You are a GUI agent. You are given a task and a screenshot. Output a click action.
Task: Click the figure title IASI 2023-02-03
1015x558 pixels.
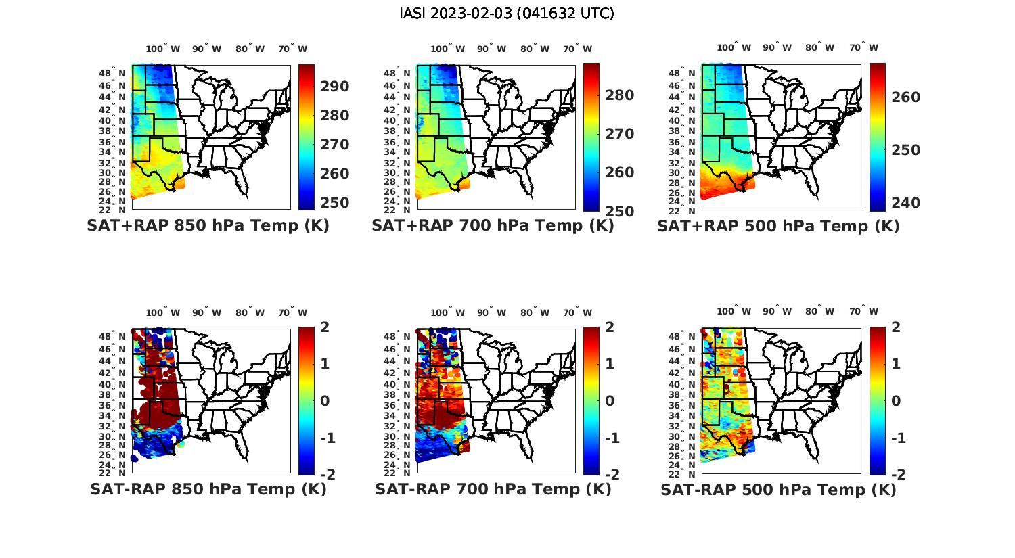[507, 14]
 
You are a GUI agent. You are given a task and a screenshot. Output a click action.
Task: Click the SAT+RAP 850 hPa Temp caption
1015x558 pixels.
[208, 226]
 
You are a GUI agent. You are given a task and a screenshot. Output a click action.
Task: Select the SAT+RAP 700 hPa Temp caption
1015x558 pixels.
[493, 226]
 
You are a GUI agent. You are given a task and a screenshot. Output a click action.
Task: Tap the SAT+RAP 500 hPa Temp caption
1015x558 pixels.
[778, 227]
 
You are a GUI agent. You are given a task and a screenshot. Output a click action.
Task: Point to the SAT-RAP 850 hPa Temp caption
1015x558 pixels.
[208, 489]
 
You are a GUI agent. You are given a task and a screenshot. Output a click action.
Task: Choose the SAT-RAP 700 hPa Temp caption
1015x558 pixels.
[493, 489]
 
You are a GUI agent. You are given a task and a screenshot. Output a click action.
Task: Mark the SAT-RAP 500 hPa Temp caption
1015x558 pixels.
[778, 490]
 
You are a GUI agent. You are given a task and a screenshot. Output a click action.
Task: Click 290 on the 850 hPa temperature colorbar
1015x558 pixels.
[334, 87]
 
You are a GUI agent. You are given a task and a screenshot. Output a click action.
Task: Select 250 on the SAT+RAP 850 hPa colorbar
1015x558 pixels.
[334, 203]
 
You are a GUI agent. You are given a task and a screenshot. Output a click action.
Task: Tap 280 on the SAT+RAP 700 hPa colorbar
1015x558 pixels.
[620, 95]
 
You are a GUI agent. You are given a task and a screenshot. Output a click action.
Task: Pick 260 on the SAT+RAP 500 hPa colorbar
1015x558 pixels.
[906, 97]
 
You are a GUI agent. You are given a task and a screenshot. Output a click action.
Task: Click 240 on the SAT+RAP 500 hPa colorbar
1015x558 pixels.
[906, 203]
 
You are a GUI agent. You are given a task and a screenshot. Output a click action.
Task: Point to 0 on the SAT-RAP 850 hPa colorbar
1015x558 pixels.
[325, 401]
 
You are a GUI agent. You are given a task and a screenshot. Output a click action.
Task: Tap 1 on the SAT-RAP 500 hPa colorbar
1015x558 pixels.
[896, 364]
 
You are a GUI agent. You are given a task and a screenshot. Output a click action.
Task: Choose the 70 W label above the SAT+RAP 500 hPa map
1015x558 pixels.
[863, 48]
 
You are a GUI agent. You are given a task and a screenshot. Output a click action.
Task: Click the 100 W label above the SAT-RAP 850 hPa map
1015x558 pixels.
[162, 312]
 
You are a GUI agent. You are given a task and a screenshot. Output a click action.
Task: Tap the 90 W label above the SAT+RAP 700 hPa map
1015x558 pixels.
[491, 49]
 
